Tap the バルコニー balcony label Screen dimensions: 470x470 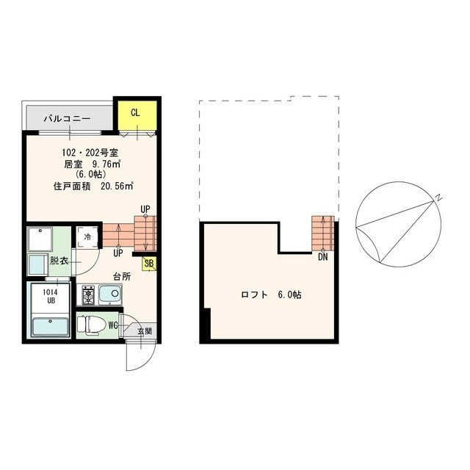[67, 119]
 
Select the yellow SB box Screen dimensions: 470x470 [149, 264]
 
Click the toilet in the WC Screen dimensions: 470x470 [91, 325]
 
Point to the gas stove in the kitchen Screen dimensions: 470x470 [88, 295]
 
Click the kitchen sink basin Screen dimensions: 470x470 [110, 294]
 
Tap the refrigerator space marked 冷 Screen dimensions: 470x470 [87, 237]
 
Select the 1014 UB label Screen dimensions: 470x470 [50, 296]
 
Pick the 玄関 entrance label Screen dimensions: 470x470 [145, 331]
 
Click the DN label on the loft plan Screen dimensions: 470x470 [323, 257]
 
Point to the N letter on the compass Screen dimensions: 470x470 [438, 198]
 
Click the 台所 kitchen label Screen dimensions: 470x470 [122, 276]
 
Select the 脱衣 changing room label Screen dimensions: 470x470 [59, 261]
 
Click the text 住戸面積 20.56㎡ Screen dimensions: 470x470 [93, 186]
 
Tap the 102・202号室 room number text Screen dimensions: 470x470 [90, 153]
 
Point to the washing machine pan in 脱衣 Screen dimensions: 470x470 [40, 239]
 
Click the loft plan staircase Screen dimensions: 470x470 [323, 233]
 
